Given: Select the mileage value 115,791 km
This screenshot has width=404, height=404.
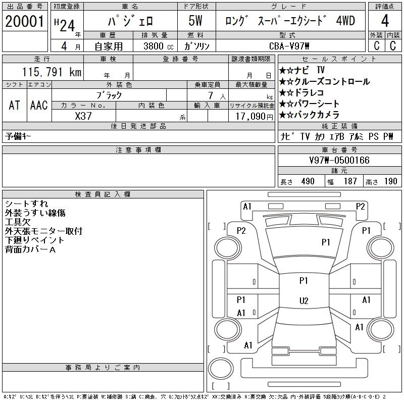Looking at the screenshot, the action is (52, 72).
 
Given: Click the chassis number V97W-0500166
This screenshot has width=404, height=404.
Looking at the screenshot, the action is (339, 161).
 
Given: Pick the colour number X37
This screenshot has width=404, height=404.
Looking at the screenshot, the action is (83, 116).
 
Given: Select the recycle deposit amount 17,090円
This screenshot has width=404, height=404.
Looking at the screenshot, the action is (251, 116).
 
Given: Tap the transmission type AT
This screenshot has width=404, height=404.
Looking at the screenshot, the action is (14, 105).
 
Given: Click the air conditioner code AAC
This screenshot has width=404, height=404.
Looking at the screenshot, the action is (39, 105).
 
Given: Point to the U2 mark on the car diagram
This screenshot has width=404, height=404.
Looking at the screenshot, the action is (304, 301).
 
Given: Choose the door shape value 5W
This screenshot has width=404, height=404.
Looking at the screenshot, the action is (197, 22).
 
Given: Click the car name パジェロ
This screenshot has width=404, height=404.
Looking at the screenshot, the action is (130, 22).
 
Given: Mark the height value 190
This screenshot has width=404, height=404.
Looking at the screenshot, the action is (390, 182).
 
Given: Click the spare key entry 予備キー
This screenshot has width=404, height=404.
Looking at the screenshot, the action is (19, 137).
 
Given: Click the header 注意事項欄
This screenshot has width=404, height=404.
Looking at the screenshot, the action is (138, 150).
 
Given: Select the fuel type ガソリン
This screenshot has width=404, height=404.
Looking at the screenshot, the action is (197, 45).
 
